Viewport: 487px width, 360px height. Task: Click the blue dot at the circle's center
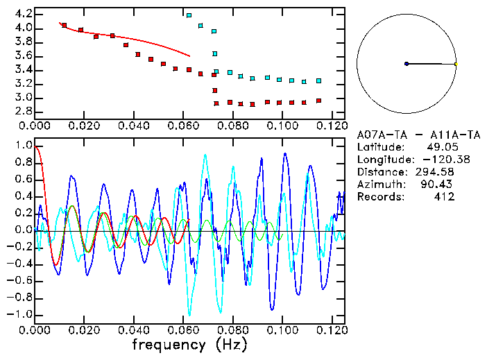pyautogui.click(x=407, y=64)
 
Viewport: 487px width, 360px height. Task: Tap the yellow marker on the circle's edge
pyautogui.click(x=456, y=64)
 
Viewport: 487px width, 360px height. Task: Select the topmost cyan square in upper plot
pyautogui.click(x=189, y=15)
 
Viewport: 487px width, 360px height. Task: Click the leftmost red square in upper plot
pyautogui.click(x=65, y=25)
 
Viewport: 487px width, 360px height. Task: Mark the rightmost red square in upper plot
pyautogui.click(x=318, y=101)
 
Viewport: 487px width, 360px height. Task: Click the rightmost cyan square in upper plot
pyautogui.click(x=318, y=80)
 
